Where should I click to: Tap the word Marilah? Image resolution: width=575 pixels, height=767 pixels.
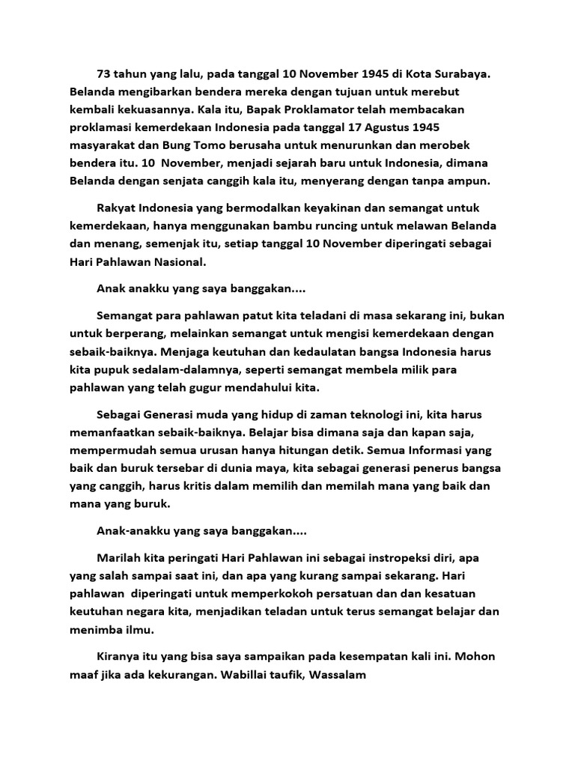tap(120, 558)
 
